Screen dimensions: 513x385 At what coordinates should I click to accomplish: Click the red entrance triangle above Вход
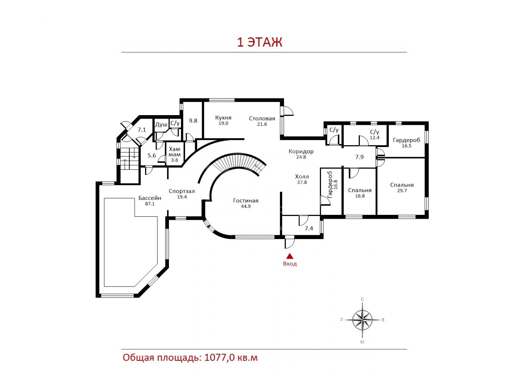click(x=290, y=256)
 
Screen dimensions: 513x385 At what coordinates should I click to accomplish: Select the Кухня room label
click(x=223, y=117)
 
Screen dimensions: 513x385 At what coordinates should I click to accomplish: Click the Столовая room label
click(x=262, y=119)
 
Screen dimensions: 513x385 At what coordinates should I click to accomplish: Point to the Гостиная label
click(x=246, y=201)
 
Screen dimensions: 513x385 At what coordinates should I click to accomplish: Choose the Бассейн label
click(x=150, y=198)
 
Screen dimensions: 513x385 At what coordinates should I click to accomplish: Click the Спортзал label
click(x=182, y=191)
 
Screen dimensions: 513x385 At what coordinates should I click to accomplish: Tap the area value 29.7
click(x=402, y=191)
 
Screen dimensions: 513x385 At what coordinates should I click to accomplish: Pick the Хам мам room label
click(x=175, y=152)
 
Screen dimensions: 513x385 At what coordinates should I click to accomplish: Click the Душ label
click(x=161, y=124)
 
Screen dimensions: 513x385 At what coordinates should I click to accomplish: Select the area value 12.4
click(x=374, y=138)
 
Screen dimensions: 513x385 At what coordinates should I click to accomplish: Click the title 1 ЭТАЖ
click(x=260, y=42)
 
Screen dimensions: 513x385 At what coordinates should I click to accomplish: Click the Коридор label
click(x=301, y=151)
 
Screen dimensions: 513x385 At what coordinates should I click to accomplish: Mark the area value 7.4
click(x=309, y=228)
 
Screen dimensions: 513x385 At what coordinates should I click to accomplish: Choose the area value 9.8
click(x=193, y=121)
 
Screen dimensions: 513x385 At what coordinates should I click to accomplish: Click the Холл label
click(x=302, y=176)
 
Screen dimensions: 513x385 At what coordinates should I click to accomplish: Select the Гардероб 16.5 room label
click(x=406, y=142)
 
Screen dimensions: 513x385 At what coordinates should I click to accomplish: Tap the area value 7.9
click(x=359, y=157)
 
